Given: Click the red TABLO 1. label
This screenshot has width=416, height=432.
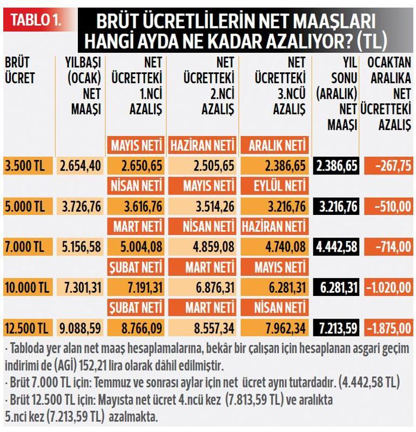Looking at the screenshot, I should [35, 21].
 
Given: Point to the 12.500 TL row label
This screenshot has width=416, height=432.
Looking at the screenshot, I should [27, 327].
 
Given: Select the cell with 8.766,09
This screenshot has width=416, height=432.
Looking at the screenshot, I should [137, 327].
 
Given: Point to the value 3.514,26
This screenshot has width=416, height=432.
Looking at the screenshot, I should [203, 206].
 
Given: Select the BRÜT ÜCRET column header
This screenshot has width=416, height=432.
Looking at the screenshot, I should [20, 70].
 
